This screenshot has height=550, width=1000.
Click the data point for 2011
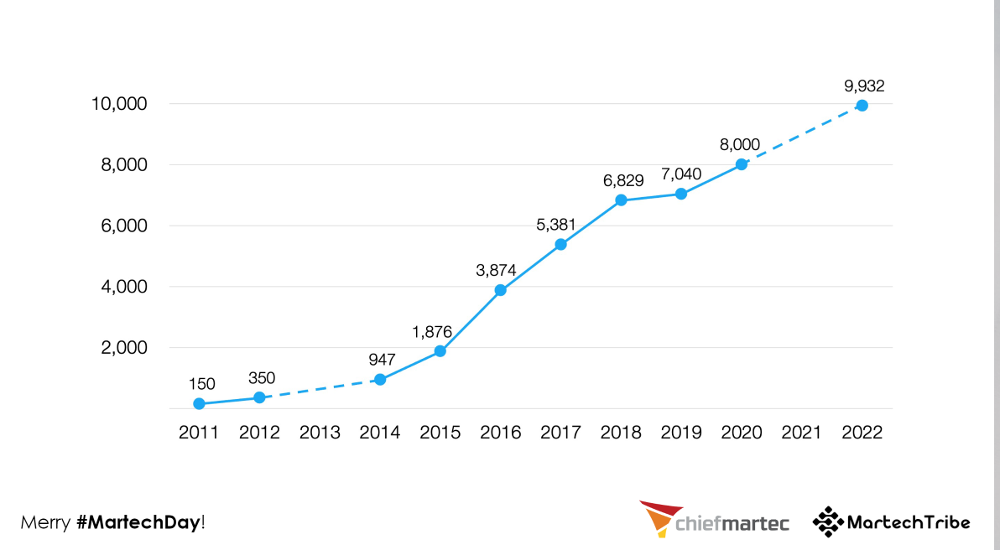tap(199, 403)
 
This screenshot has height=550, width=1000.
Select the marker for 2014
tap(380, 379)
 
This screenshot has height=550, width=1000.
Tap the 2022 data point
tap(862, 105)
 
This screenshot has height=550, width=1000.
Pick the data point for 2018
tap(621, 200)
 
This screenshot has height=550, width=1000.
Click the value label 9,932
tap(864, 86)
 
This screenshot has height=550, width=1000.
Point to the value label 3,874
tap(496, 270)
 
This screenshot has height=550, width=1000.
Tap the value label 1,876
tap(432, 331)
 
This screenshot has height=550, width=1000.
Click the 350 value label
tap(262, 378)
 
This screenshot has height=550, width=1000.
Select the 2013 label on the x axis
tap(320, 433)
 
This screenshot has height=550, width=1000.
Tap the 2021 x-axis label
tap(801, 433)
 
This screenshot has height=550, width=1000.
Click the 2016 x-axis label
tap(501, 433)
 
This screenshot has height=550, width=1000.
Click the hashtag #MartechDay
tap(138, 522)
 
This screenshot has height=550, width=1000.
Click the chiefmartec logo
tap(715, 520)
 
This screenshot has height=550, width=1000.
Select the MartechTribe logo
tap(891, 521)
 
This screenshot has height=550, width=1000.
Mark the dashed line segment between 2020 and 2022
tap(801, 135)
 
